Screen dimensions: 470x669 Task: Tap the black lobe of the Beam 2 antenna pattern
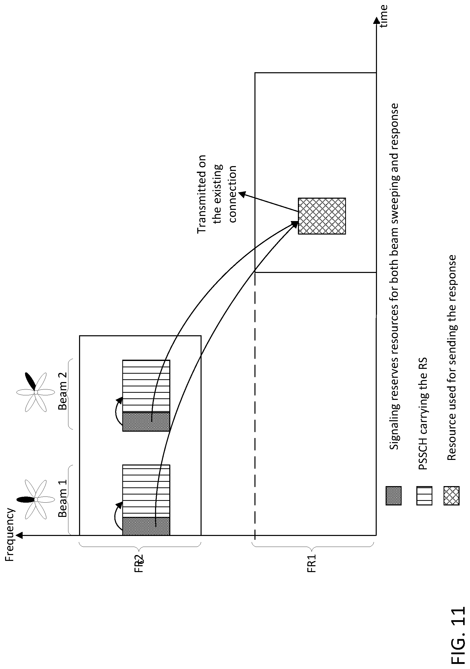[x=30, y=381]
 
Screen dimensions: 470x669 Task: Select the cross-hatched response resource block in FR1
[x=322, y=216]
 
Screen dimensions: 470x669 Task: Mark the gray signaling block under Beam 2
[x=146, y=421]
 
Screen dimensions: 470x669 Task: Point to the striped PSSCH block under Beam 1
[x=146, y=491]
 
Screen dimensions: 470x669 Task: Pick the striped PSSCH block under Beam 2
[x=146, y=386]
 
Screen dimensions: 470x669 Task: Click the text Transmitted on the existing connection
[x=217, y=194]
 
